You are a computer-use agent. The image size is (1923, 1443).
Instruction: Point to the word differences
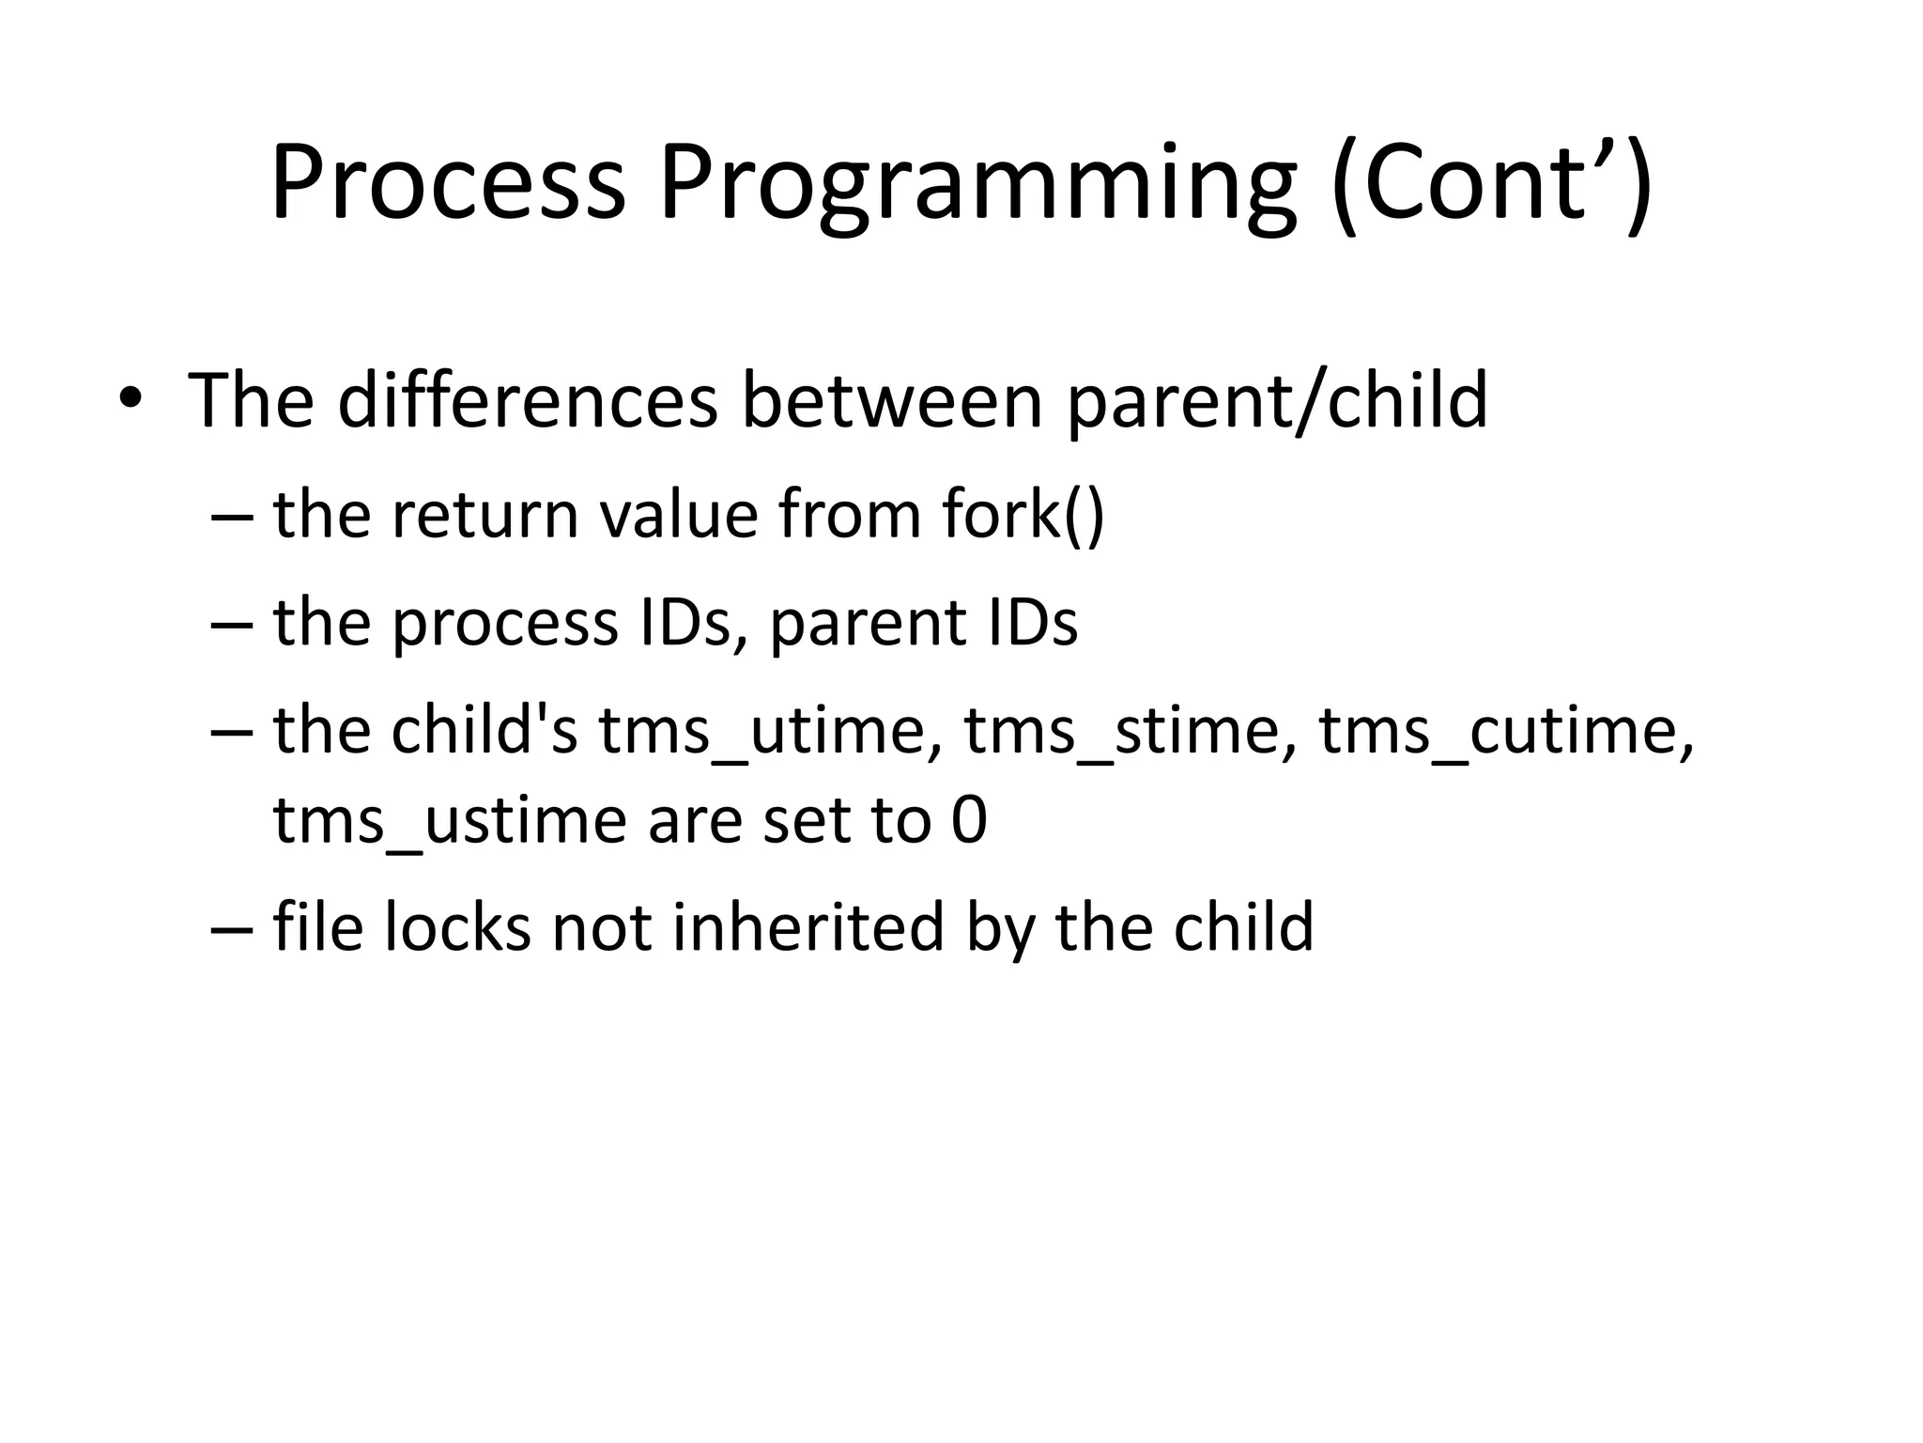click(528, 401)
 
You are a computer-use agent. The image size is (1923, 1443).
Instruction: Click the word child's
click(485, 731)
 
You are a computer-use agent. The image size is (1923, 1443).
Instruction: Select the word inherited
click(808, 927)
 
